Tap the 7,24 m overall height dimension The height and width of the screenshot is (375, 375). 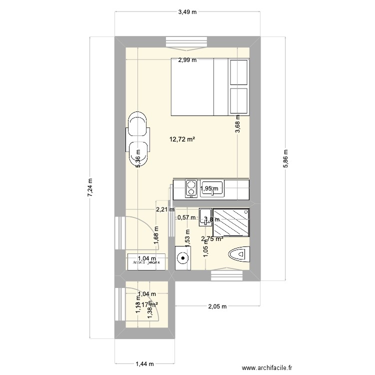pos(90,188)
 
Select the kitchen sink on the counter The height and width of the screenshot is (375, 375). pos(212,188)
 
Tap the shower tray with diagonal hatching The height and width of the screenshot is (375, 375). pos(231,222)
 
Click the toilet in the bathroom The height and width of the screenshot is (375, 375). pos(238,255)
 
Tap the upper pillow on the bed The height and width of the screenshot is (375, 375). pos(238,71)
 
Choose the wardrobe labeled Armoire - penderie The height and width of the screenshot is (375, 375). pos(146,261)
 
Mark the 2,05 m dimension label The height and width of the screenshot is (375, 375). pos(217,306)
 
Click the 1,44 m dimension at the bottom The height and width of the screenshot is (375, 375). pos(144,365)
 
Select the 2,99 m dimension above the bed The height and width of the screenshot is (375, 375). pos(187,60)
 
